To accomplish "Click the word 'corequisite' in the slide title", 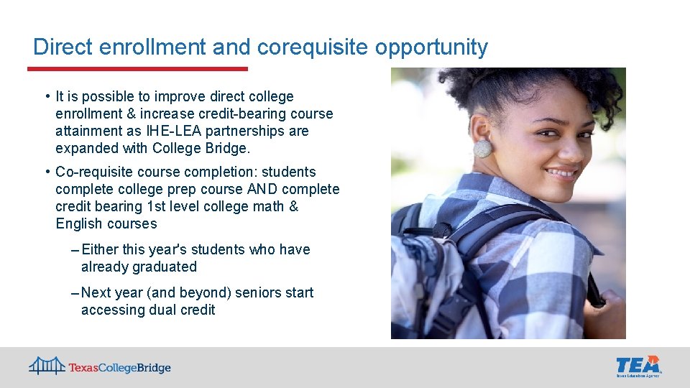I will (311, 47).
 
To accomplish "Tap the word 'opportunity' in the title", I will (430, 47).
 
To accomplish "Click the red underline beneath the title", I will (137, 69).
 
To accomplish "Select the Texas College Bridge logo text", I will (119, 368).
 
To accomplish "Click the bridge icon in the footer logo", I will (47, 366).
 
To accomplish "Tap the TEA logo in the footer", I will (638, 365).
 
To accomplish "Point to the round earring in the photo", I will (482, 148).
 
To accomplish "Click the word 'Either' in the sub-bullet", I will (100, 249).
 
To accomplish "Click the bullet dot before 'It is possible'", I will (46, 96).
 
